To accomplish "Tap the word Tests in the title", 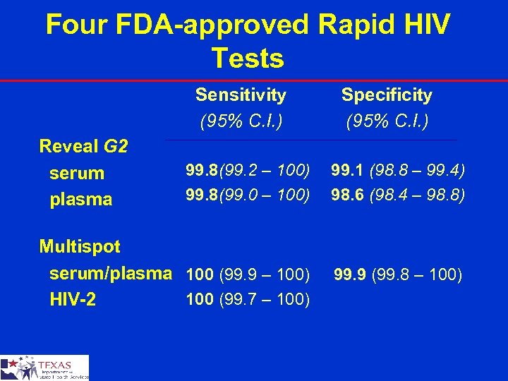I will pos(248,58).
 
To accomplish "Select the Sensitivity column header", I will pos(241,95).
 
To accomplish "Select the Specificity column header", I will pos(387,95).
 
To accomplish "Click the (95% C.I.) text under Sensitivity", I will pos(241,121).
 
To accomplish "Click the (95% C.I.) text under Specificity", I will pos(387,121).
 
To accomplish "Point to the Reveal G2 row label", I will pos(83,147).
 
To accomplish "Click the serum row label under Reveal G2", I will pos(76,173).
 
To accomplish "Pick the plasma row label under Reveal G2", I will pos(80,200).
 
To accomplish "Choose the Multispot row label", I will pos(80,247).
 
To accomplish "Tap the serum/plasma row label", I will pos(110,273).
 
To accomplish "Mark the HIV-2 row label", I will pos(73,300).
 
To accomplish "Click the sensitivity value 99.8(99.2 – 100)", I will pos(247,170).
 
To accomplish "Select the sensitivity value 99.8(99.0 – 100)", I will pos(247,193).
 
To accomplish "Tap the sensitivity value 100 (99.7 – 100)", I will pos(247,300).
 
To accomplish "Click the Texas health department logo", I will pos(44,368).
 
